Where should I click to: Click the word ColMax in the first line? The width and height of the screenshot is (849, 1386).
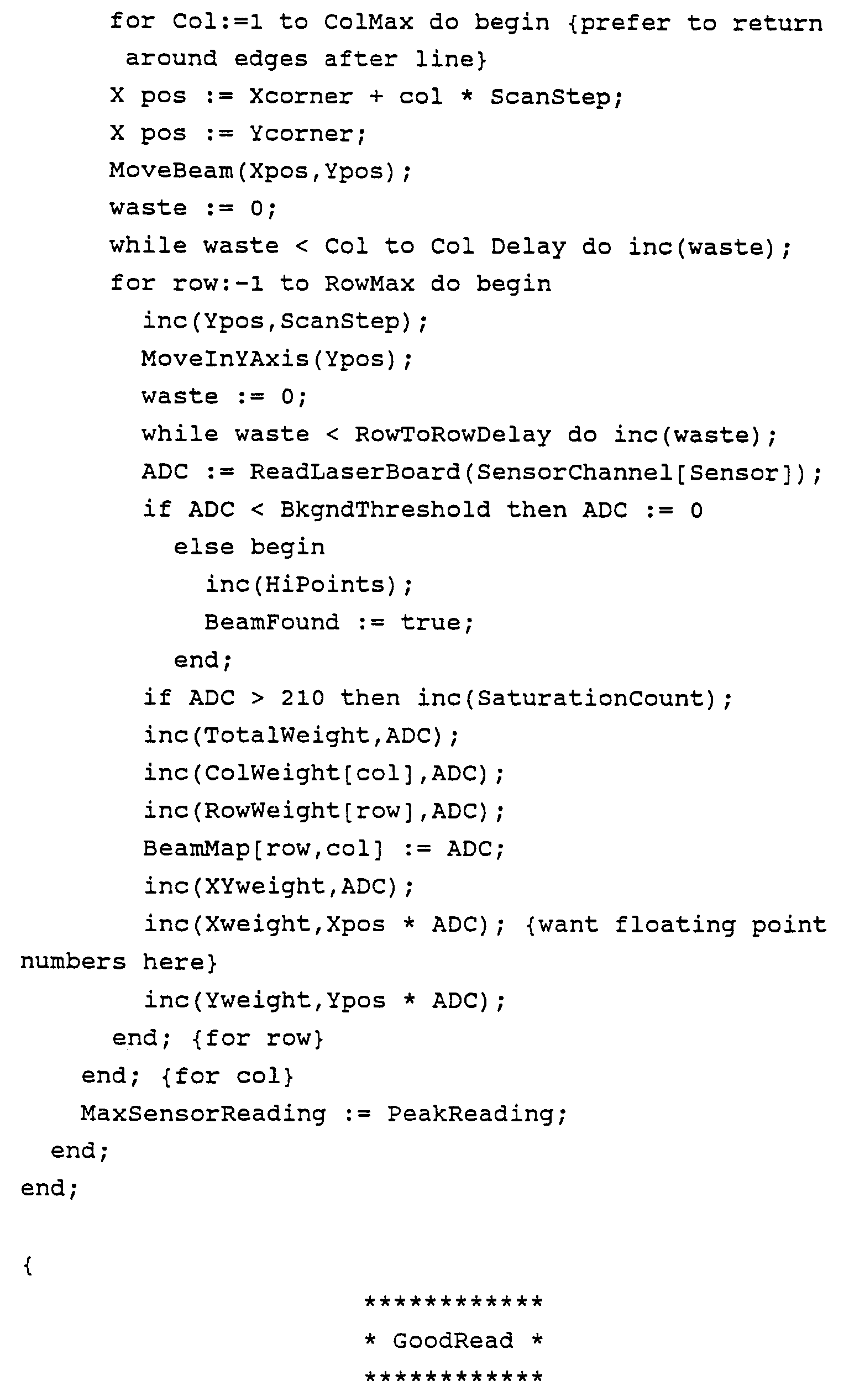[369, 22]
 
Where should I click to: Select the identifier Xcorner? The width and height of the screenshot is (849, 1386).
[301, 96]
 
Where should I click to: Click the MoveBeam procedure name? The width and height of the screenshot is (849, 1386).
[171, 170]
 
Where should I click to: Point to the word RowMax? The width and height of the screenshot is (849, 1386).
[369, 283]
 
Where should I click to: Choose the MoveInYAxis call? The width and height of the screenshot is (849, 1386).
[224, 358]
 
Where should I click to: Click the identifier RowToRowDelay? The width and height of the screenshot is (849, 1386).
[452, 434]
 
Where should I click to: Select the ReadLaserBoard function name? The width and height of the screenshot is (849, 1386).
[355, 472]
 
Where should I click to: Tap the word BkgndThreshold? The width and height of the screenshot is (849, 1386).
[385, 510]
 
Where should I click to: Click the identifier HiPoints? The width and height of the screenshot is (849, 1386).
[324, 585]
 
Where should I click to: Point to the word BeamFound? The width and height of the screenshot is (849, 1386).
[271, 622]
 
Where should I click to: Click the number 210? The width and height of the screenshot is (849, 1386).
[303, 698]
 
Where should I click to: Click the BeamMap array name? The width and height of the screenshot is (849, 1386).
[196, 848]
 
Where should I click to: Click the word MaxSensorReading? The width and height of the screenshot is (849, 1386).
[202, 1114]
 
